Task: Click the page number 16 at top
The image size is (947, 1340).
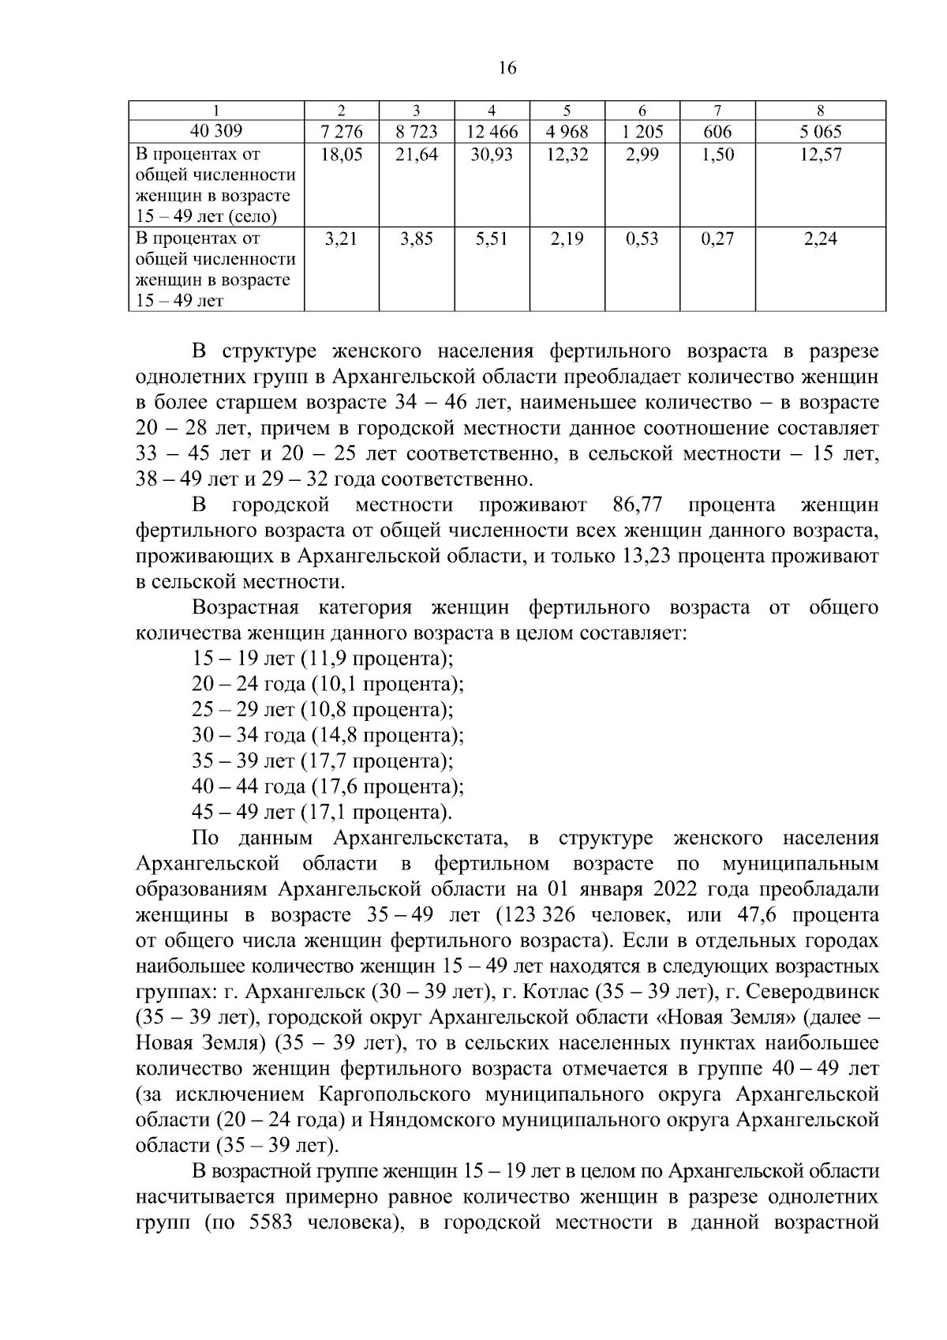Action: (507, 69)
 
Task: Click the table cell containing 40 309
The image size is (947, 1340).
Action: (216, 131)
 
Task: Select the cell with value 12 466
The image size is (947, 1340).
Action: (492, 131)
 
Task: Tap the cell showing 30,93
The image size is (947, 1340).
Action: (492, 155)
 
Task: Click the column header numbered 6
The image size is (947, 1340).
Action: (642, 111)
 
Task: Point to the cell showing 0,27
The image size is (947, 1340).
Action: (717, 238)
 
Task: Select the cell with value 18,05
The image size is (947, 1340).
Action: (342, 155)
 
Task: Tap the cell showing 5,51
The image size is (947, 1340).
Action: (492, 238)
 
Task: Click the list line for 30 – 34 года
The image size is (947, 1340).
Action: (328, 735)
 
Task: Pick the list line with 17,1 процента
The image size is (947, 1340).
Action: (322, 813)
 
